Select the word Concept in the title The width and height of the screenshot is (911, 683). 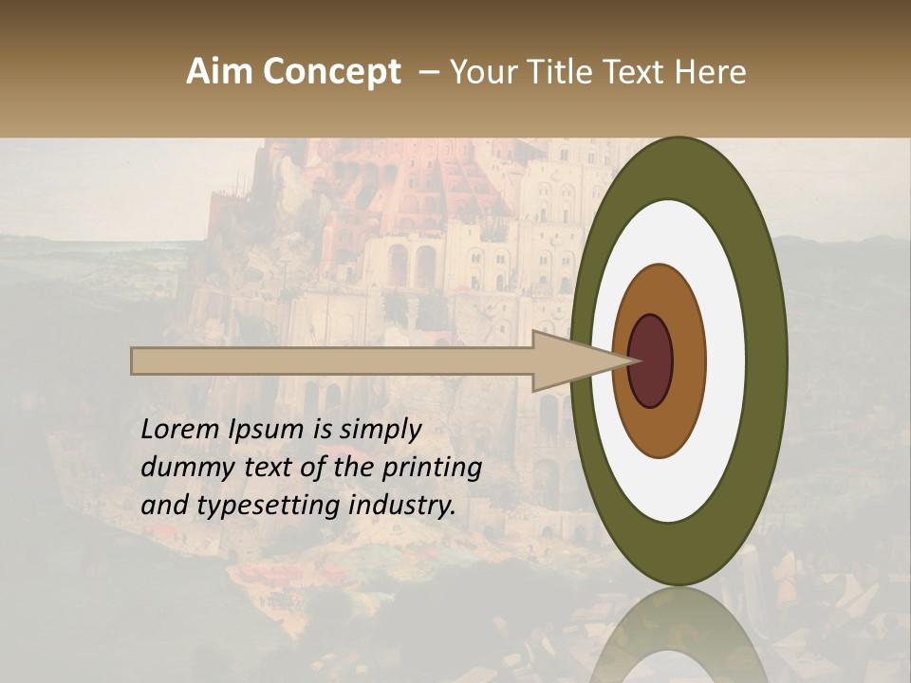tap(331, 72)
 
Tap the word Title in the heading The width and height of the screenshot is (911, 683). tap(572, 72)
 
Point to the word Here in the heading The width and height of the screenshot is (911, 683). tap(713, 72)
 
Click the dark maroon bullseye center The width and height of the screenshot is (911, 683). tap(652, 361)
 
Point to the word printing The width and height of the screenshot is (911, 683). tap(432, 468)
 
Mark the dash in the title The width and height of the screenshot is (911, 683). tap(429, 72)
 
